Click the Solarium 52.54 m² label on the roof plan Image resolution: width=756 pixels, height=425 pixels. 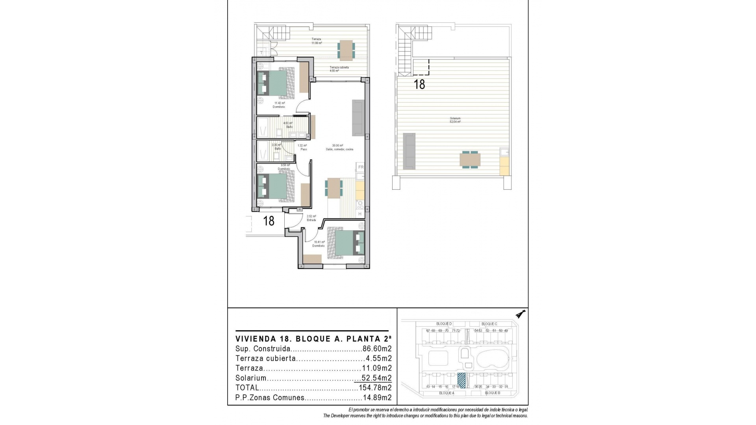pyautogui.click(x=455, y=120)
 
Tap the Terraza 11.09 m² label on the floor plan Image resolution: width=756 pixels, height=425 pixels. pyautogui.click(x=317, y=41)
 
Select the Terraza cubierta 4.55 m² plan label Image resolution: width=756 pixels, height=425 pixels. pyautogui.click(x=339, y=69)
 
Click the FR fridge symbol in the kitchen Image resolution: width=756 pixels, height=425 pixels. pyautogui.click(x=361, y=167)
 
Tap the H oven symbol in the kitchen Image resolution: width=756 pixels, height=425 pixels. pyautogui.click(x=360, y=214)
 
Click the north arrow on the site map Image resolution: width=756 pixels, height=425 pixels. pyautogui.click(x=522, y=314)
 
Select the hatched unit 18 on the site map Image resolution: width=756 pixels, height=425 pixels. pyautogui.click(x=461, y=381)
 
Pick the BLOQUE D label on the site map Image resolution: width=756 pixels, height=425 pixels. pyautogui.click(x=444, y=324)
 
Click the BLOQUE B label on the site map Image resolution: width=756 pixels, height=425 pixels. pyautogui.click(x=492, y=393)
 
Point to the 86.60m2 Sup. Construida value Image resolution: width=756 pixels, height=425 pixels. pyautogui.click(x=377, y=349)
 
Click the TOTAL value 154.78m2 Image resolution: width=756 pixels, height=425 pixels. pyautogui.click(x=375, y=388)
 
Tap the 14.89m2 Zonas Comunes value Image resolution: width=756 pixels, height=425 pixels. pyautogui.click(x=377, y=397)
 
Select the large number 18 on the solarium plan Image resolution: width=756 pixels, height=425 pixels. pyautogui.click(x=419, y=84)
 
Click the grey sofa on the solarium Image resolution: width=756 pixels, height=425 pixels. pyautogui.click(x=409, y=151)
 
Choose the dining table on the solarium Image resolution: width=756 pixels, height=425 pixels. pyautogui.click(x=470, y=160)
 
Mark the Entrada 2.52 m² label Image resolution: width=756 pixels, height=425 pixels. pyautogui.click(x=311, y=218)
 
